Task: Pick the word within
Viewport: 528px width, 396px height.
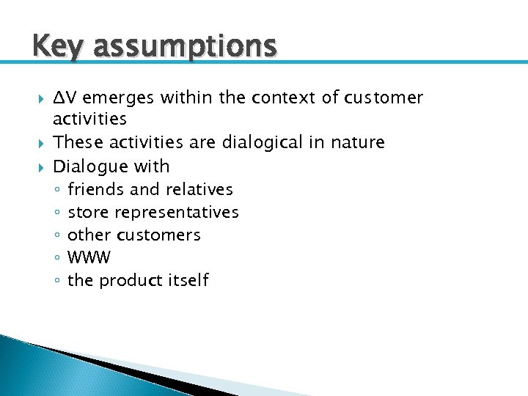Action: pos(177,98)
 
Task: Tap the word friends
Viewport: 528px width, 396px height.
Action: pos(95,189)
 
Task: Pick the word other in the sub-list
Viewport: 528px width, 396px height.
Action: pos(87,235)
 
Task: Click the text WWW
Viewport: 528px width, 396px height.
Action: pos(89,257)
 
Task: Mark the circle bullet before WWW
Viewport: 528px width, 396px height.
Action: pos(57,258)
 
